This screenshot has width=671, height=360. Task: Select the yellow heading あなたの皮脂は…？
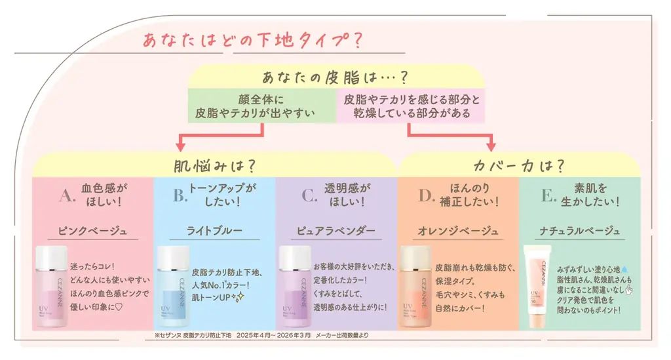click(x=335, y=77)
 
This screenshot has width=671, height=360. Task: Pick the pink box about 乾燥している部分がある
click(x=412, y=106)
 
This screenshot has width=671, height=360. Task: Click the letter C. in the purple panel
click(x=308, y=195)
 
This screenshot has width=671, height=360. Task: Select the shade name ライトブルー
click(x=214, y=231)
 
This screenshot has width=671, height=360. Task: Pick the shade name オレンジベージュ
click(x=457, y=231)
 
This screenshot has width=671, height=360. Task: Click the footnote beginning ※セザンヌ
click(x=262, y=336)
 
